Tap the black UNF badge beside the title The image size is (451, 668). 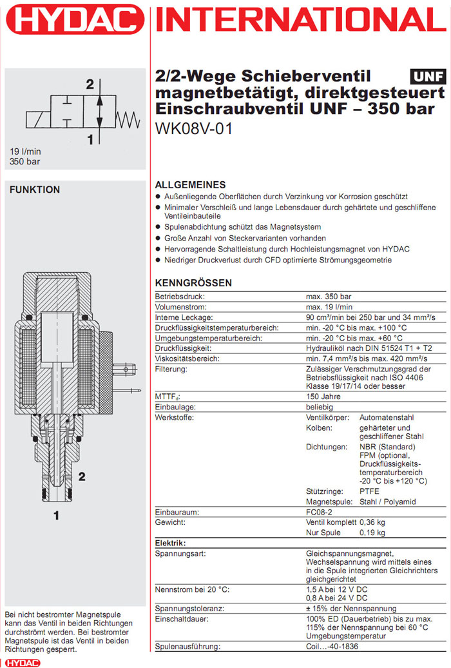pos(428,77)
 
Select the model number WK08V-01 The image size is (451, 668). pos(194,129)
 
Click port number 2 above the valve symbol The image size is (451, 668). pos(90,84)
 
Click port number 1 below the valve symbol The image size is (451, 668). pos(91,139)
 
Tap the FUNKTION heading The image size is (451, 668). pos(35,190)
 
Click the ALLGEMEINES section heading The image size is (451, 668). pos(191,184)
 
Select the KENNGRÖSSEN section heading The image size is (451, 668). pos(194,283)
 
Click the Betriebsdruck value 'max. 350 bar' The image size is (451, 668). pos(329,296)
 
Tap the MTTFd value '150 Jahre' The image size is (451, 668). pos(323,397)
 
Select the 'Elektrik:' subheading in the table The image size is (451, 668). pos(171,543)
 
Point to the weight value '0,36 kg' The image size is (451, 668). pos(372,522)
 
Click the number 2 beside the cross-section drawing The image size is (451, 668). pos(82,477)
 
